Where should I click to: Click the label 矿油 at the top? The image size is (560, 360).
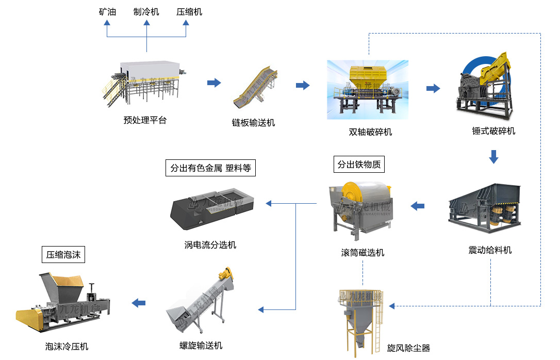(x=107, y=11)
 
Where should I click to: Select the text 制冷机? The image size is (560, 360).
(x=146, y=11)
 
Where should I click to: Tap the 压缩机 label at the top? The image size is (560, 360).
(x=189, y=11)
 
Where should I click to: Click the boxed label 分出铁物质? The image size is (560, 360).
(x=359, y=165)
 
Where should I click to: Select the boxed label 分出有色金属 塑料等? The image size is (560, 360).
(x=210, y=168)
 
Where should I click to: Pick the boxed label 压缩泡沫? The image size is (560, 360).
(x=63, y=254)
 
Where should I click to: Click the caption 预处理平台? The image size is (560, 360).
(x=145, y=120)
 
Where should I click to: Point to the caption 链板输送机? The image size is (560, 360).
(x=253, y=122)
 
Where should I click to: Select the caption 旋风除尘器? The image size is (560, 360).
(x=408, y=348)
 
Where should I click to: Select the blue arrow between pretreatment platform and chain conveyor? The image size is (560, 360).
(x=213, y=83)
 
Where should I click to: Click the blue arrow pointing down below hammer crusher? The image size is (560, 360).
(x=493, y=156)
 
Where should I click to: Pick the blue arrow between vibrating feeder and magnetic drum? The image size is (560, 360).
(x=417, y=206)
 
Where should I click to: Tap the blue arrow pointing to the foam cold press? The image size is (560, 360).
(x=138, y=303)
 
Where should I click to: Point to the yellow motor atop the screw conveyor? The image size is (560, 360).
(x=226, y=273)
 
